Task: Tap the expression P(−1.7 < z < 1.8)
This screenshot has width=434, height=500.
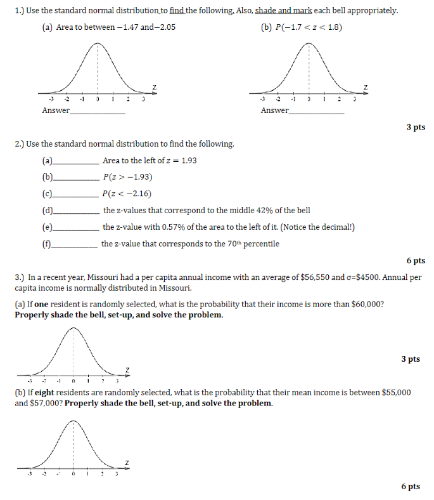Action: (x=301, y=28)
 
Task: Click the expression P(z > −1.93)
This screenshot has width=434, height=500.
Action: (x=127, y=177)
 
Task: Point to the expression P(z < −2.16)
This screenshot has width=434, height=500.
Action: (x=127, y=194)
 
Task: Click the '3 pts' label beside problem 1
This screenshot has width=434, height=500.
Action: (x=416, y=128)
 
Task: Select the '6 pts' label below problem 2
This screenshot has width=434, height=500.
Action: (x=416, y=260)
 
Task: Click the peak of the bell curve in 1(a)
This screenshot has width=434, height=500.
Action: (x=98, y=44)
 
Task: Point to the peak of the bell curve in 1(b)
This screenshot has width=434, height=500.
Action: (x=309, y=44)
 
